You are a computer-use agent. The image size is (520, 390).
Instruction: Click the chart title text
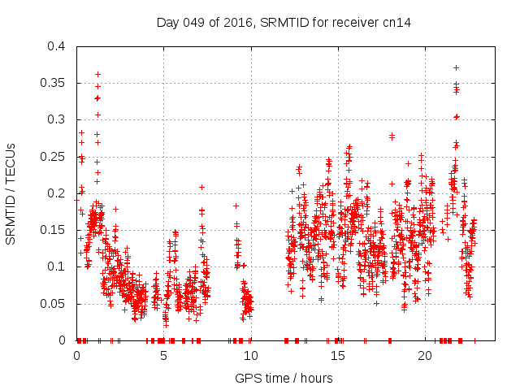coord(284,22)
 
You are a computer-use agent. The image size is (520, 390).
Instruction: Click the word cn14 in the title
coord(396,22)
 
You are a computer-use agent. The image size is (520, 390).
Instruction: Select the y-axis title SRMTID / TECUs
coord(11,193)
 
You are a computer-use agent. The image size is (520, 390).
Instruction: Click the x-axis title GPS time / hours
coord(284,378)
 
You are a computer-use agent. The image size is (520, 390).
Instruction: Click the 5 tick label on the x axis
coord(163,356)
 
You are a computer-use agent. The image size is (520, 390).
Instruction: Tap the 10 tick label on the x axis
coord(250,356)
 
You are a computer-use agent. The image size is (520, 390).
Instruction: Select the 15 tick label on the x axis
coord(337,356)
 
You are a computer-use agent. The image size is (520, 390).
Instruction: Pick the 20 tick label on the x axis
coord(424,356)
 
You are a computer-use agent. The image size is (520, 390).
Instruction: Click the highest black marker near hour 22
coord(456,67)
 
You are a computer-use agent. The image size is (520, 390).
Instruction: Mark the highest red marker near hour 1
coord(97,74)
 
